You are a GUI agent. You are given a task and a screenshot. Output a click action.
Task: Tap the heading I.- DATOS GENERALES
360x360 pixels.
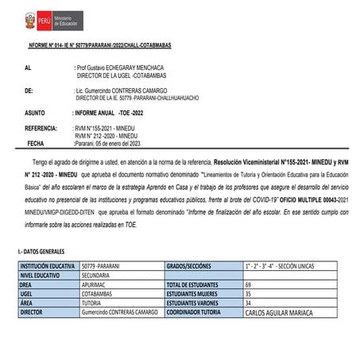click(40, 250)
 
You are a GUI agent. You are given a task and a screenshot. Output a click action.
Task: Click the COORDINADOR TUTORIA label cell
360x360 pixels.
click(195, 314)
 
